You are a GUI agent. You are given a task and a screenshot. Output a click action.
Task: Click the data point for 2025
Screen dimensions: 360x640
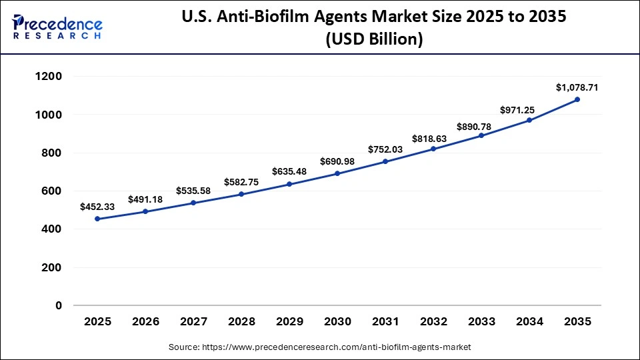point(97,219)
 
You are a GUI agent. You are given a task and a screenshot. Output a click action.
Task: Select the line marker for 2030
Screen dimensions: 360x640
point(337,173)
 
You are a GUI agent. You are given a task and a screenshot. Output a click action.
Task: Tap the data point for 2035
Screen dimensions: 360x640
point(577,99)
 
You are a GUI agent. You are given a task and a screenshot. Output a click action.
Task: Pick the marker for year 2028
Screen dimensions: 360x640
point(241,194)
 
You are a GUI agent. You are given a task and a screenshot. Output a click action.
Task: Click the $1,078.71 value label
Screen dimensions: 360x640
point(577,87)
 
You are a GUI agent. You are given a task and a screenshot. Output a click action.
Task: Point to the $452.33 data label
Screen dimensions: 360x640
point(97,207)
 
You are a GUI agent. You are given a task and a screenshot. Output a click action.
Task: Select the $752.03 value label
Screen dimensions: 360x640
point(385,149)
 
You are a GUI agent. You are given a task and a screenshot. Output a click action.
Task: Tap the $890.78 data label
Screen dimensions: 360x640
point(481,126)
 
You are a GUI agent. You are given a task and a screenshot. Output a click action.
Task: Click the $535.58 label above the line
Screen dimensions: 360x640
point(193,191)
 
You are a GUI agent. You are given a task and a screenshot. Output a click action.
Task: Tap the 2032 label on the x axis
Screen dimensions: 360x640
point(433,322)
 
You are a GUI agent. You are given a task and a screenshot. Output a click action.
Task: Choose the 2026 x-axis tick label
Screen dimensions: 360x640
point(145,322)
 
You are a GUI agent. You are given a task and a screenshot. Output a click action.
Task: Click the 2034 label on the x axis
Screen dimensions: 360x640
point(529,322)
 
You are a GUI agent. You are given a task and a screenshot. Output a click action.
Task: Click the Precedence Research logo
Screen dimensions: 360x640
point(57,25)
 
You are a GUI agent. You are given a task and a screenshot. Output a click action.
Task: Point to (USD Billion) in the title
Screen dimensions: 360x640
point(373,39)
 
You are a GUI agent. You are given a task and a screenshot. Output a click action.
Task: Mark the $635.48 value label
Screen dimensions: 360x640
point(289,171)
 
